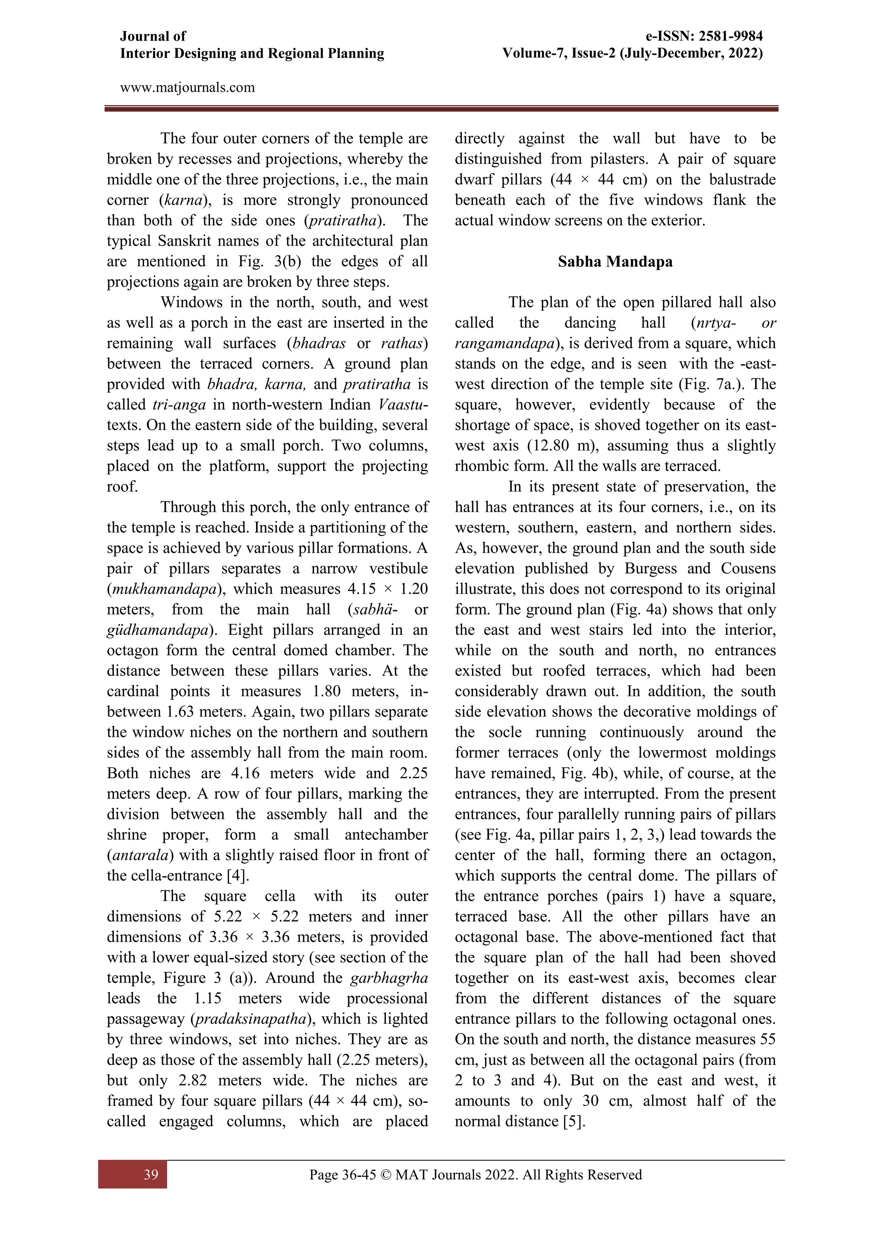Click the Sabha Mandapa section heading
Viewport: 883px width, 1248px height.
click(615, 262)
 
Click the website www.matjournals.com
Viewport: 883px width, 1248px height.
click(187, 87)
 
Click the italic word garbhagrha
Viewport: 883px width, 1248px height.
click(389, 978)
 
